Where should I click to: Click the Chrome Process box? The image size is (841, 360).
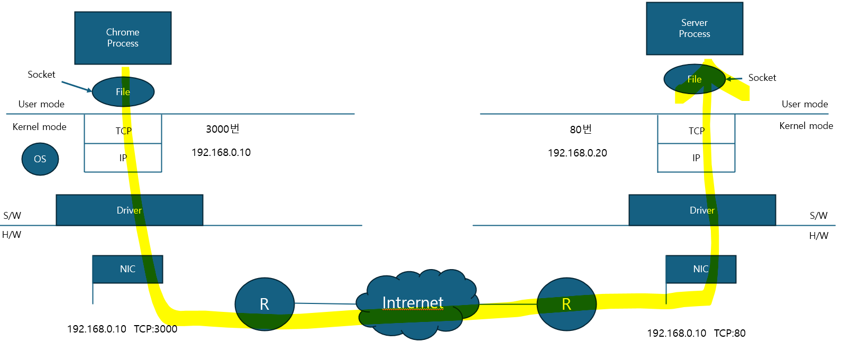coord(123,38)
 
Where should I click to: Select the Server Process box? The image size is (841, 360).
coord(694,29)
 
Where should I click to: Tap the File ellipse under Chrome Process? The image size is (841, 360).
coord(123,91)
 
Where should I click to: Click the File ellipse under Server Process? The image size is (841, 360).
coord(694,79)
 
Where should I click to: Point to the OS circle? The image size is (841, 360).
coord(40,159)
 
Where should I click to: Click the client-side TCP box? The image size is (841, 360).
coord(123,130)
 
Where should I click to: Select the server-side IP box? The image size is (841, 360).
coord(696,158)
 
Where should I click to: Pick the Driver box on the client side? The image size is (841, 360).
coord(129,210)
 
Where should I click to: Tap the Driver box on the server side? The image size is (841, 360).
coord(702,210)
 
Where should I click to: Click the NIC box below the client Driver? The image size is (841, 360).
coord(127,269)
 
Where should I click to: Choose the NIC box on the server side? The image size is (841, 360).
coord(701,269)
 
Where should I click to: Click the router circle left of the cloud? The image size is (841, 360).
coord(264,304)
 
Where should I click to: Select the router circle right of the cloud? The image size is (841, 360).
coord(566,304)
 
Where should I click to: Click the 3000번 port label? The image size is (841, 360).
coord(223,129)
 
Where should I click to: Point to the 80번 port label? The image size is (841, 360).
coord(581,130)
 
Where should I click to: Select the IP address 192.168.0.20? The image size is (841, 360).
coord(578,153)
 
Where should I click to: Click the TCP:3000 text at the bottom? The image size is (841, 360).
coord(156,329)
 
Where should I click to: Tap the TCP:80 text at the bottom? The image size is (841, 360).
coord(729,333)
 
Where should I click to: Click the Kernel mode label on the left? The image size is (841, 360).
coord(40,127)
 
